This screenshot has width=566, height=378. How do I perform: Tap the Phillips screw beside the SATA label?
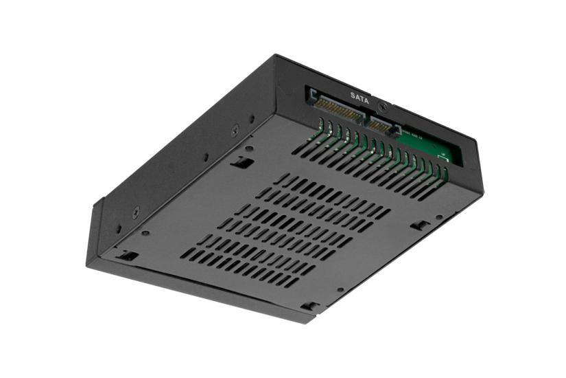(383, 107)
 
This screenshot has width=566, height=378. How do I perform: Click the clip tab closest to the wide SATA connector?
(241, 163)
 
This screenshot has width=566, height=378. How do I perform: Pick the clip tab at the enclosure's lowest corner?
(310, 306)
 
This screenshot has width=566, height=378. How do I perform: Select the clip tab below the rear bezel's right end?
(419, 225)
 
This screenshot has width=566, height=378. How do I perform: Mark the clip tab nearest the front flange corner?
(128, 256)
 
